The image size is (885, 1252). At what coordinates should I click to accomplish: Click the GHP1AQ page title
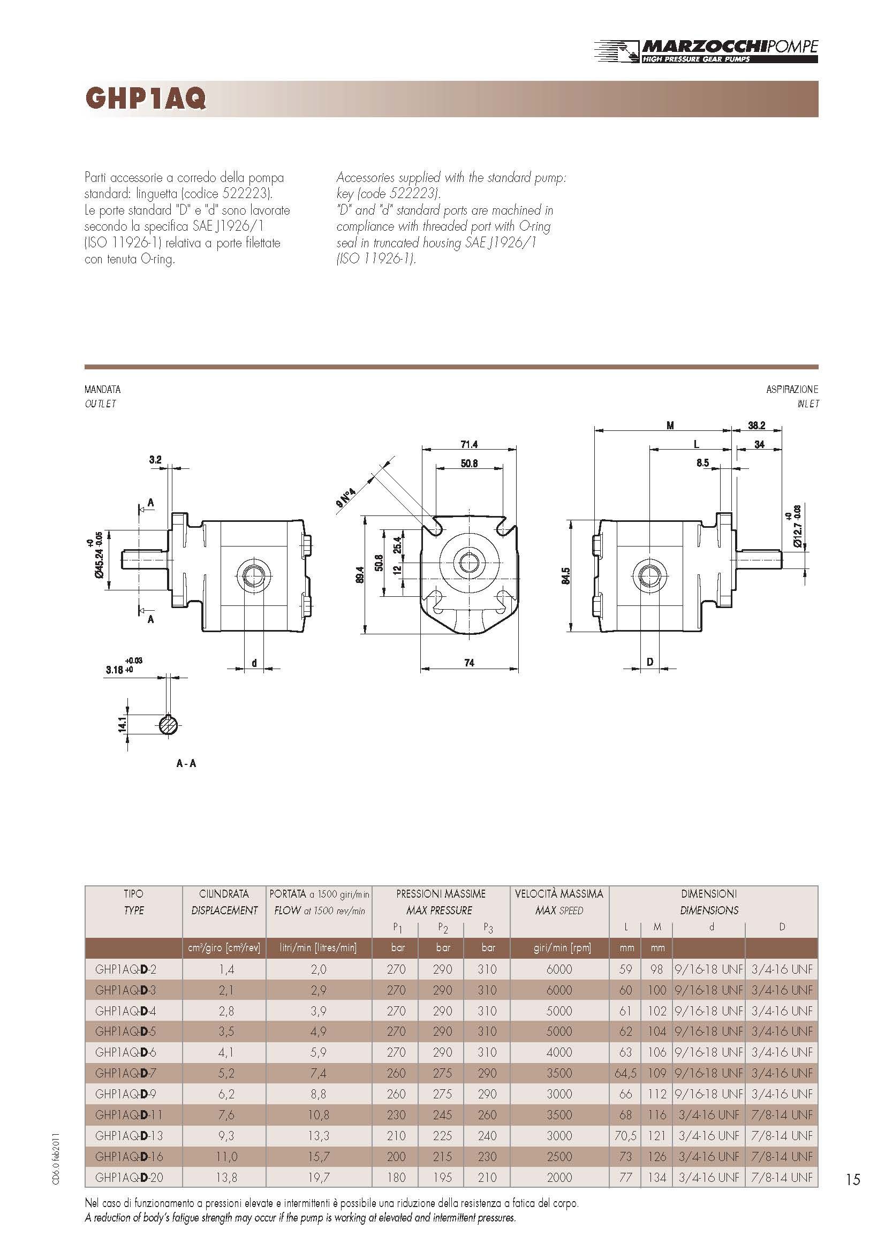click(x=146, y=98)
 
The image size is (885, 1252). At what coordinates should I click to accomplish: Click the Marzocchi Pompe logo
click(x=706, y=51)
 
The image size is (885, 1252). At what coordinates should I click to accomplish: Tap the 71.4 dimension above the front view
click(x=469, y=444)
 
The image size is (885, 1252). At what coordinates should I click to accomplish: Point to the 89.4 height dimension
click(x=360, y=575)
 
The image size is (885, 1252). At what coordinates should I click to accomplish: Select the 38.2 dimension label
click(x=757, y=426)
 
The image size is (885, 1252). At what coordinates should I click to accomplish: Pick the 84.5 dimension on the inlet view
click(x=565, y=576)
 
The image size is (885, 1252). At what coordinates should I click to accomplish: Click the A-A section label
click(x=186, y=763)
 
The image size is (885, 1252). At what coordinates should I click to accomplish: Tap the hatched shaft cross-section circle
click(x=169, y=725)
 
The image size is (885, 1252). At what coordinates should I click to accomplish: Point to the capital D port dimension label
click(x=650, y=662)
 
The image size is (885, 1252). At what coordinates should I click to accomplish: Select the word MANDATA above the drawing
click(x=102, y=389)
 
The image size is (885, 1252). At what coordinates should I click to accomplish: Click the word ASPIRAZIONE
click(x=792, y=389)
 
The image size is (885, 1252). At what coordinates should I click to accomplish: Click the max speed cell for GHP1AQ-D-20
click(x=559, y=1177)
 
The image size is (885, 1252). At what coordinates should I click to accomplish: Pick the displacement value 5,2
click(x=226, y=1073)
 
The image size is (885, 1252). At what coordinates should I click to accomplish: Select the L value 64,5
click(x=625, y=1073)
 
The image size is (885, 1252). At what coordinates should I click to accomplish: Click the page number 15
click(x=853, y=1180)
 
